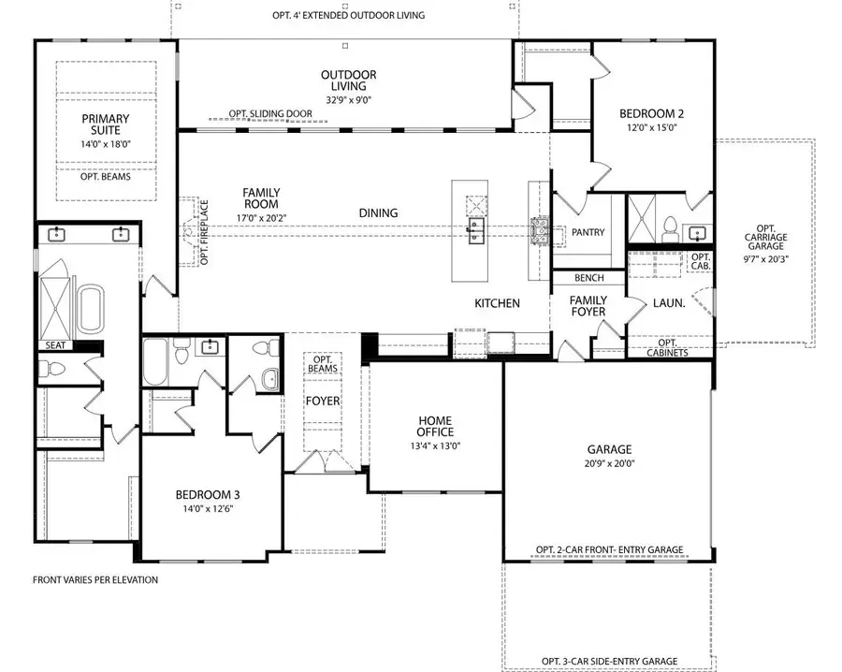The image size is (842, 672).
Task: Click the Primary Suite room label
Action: coord(105,124)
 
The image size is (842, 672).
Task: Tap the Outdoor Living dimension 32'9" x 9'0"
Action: coord(349,100)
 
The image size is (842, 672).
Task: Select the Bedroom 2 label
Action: coord(651,113)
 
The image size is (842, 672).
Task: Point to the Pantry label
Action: coord(588,232)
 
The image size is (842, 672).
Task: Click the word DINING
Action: coord(379,213)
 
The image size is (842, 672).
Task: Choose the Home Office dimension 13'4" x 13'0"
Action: coord(435,446)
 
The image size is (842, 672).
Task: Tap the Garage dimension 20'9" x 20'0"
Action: coord(609,463)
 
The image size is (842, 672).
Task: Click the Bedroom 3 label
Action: coord(208,495)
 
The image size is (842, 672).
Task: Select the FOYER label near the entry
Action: coord(323,401)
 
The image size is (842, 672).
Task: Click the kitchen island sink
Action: coord(476,231)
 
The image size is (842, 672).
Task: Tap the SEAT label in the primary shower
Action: coord(55,345)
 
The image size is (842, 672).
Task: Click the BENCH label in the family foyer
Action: coord(589,278)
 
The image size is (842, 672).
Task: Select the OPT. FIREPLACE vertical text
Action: coord(205,233)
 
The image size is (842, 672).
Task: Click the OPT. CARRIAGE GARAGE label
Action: coord(765,237)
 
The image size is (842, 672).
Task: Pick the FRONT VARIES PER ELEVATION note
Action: coord(95,579)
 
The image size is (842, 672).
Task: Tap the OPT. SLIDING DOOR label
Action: coord(270,113)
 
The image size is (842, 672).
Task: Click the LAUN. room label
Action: coord(669,303)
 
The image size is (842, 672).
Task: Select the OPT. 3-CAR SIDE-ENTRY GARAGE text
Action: coord(609,661)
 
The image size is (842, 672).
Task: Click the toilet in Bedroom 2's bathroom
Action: coord(670,230)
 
